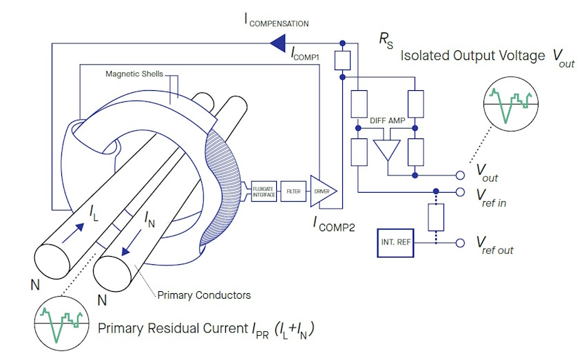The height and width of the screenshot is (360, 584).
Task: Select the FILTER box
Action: pos(293,191)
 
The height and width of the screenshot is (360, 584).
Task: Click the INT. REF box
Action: pos(396,243)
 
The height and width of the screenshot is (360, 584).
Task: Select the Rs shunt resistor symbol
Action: pos(342,61)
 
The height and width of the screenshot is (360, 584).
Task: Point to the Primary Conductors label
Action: pos(204,295)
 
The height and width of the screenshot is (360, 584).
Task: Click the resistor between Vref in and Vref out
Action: pos(435,218)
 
